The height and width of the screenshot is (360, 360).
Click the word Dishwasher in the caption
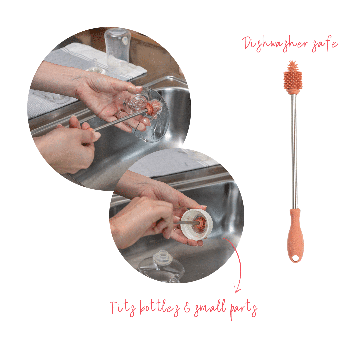(275, 44)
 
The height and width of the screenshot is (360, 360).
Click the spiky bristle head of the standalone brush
(292, 77)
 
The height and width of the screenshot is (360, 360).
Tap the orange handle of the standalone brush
(296, 235)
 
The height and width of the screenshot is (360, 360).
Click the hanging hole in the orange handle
(295, 259)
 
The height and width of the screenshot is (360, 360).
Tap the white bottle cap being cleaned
(197, 225)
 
